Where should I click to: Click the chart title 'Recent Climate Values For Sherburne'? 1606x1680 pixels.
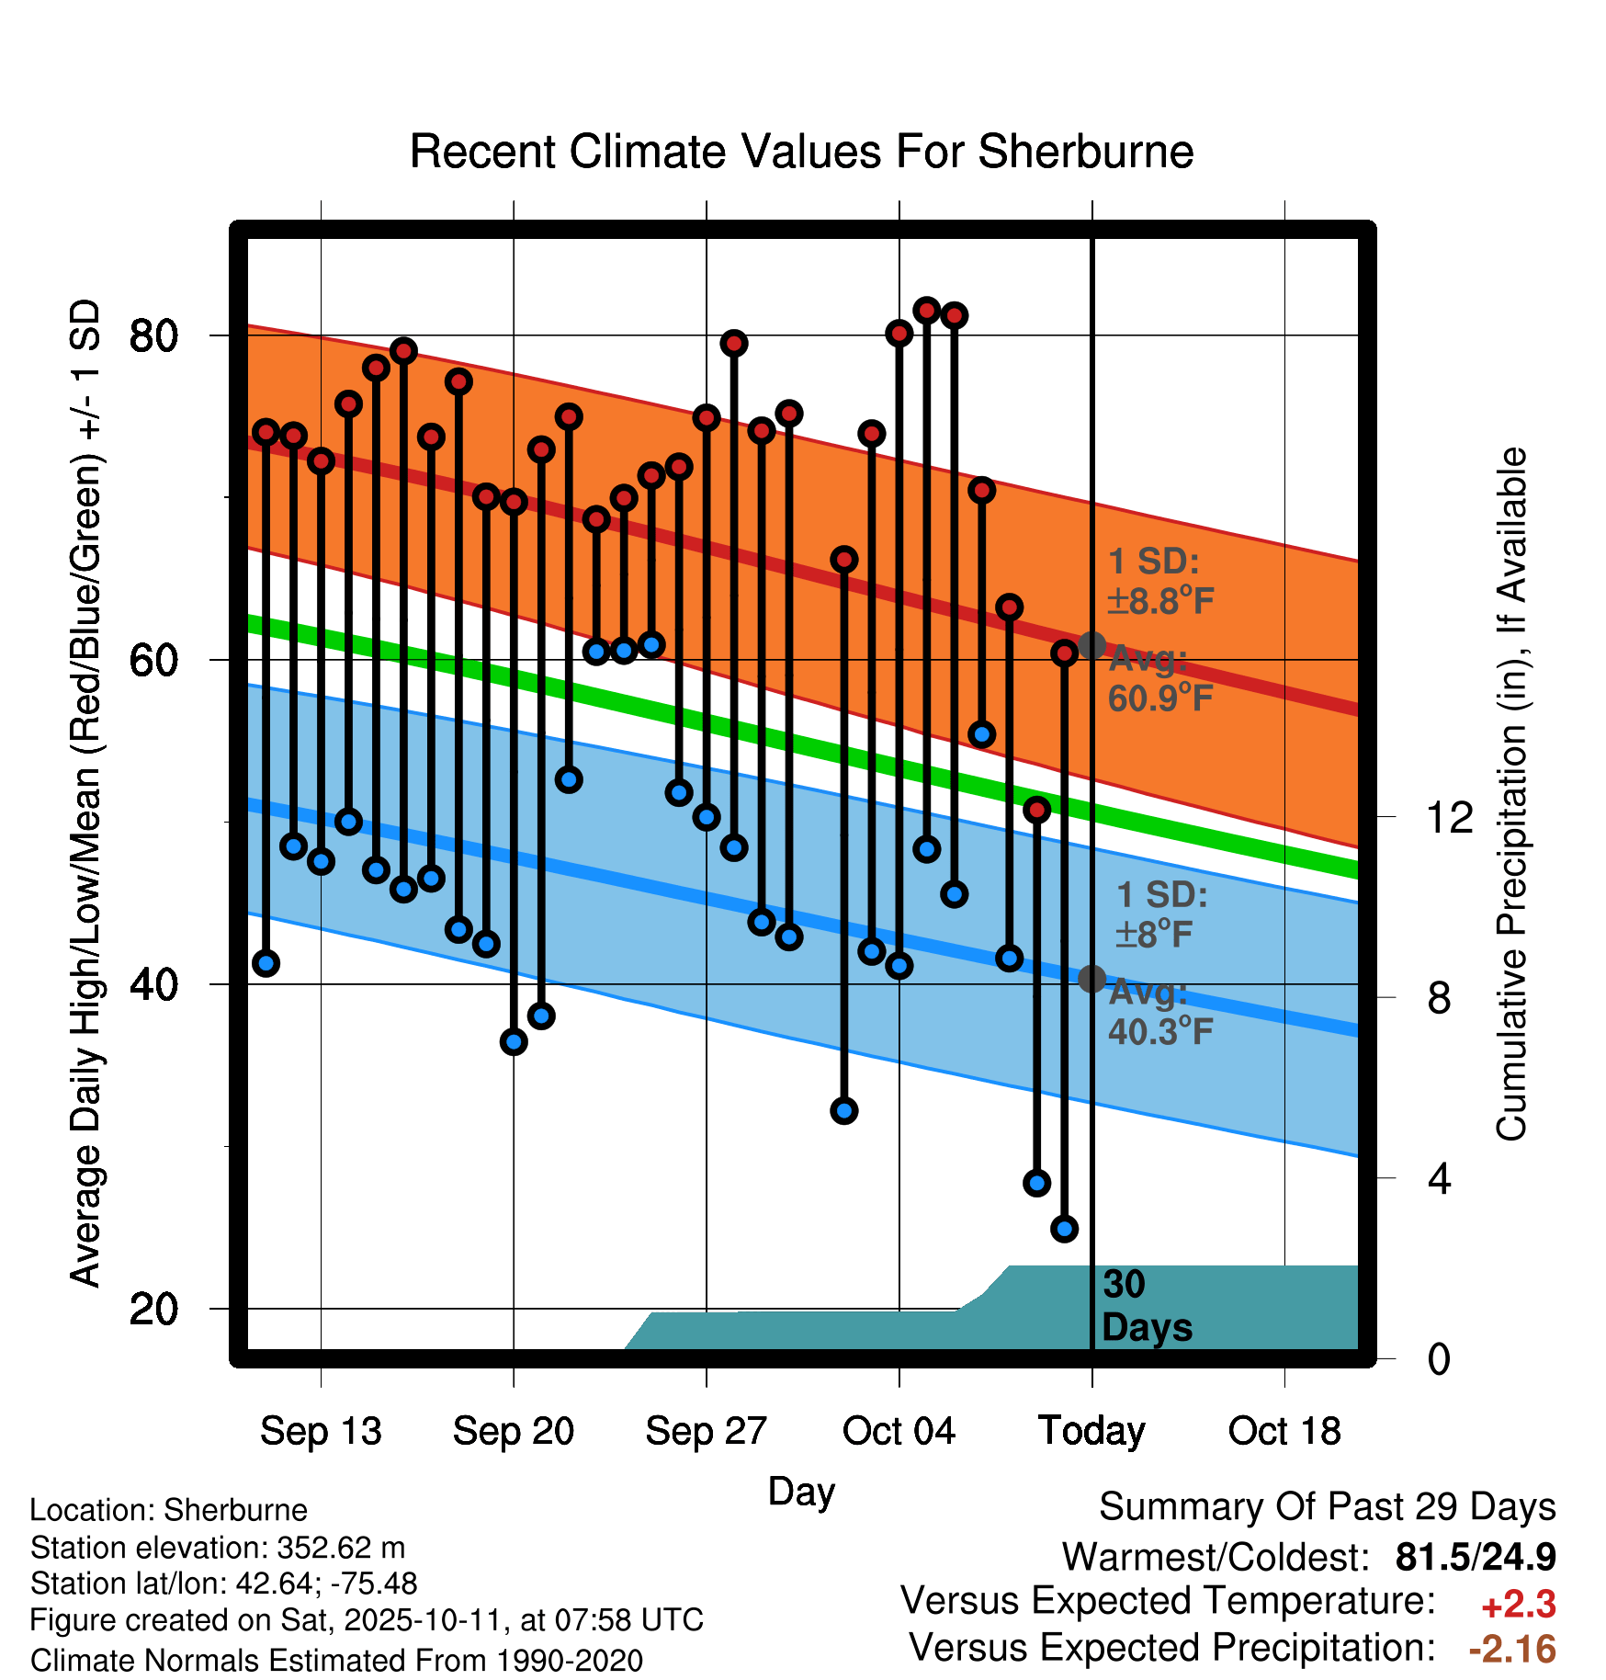tap(801, 152)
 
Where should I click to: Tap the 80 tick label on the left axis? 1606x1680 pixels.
tap(153, 336)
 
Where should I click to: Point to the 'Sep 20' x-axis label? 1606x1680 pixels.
tap(513, 1431)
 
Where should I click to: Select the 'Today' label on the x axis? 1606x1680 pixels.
tap(1091, 1431)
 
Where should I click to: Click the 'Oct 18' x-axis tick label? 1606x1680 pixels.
tap(1284, 1431)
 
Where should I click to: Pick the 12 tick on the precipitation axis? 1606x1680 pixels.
tap(1449, 817)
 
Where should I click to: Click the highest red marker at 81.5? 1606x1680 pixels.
tap(926, 311)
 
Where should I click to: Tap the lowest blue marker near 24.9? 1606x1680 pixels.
tap(1064, 1229)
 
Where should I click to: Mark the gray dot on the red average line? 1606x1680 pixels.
tap(1091, 645)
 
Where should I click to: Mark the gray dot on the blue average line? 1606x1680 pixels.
tap(1091, 979)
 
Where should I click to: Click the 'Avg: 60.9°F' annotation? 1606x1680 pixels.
tap(1159, 679)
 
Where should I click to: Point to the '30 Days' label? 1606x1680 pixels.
tap(1146, 1306)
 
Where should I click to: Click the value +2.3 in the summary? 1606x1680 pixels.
tap(1518, 1605)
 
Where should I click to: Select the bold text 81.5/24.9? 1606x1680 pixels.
tap(1475, 1557)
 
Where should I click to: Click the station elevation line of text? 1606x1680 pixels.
tap(218, 1549)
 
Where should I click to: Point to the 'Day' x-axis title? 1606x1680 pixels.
tap(801, 1492)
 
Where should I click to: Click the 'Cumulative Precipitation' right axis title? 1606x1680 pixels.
tap(1510, 795)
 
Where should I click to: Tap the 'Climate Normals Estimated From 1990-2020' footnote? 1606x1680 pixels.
tap(336, 1661)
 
